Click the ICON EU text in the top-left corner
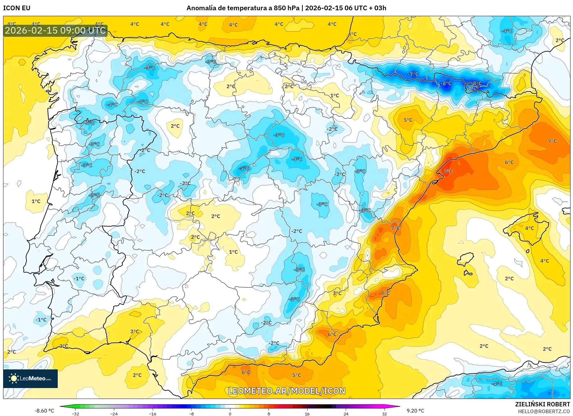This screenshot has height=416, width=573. (x=17, y=8)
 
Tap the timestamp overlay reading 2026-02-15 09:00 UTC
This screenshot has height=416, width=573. (x=55, y=30)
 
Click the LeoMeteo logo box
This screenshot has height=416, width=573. (x=30, y=378)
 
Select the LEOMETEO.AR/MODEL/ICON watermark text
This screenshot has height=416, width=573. (x=286, y=391)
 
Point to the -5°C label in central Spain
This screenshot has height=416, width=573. (x=244, y=168)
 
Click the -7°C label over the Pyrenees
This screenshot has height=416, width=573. (x=413, y=74)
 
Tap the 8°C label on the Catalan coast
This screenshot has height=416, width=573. (x=448, y=171)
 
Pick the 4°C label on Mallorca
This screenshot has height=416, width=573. (x=529, y=228)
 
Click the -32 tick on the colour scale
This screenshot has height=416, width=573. (x=75, y=414)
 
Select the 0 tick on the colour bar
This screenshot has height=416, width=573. (x=230, y=414)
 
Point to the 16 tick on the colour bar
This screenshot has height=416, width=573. (x=307, y=414)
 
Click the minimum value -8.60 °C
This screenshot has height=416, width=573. (x=44, y=411)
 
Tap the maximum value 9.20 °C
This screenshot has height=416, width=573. (x=415, y=411)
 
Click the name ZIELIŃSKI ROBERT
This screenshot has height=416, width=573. (x=543, y=405)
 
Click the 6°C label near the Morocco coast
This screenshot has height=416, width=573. (x=246, y=372)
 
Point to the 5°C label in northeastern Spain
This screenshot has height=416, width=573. (x=408, y=120)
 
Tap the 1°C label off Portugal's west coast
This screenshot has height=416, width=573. (x=36, y=201)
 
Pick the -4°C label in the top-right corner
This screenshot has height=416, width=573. (x=507, y=31)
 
